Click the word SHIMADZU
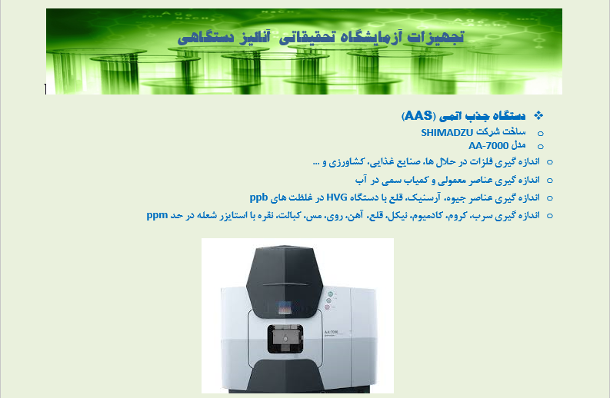[x=447, y=133]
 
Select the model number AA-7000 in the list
[x=488, y=146]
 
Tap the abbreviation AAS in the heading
[x=418, y=116]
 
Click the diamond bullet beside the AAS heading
[x=538, y=115]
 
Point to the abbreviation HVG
[x=337, y=197]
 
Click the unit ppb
[x=258, y=197]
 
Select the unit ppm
[x=157, y=216]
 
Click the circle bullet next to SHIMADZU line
[x=540, y=134]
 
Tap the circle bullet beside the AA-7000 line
[x=540, y=147]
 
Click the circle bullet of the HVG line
[x=550, y=198]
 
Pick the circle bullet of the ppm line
[x=550, y=216]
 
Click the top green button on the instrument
[x=331, y=294]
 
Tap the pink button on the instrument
[x=327, y=307]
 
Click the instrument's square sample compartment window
[x=285, y=339]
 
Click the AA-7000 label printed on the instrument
[x=331, y=331]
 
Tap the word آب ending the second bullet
[x=361, y=180]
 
